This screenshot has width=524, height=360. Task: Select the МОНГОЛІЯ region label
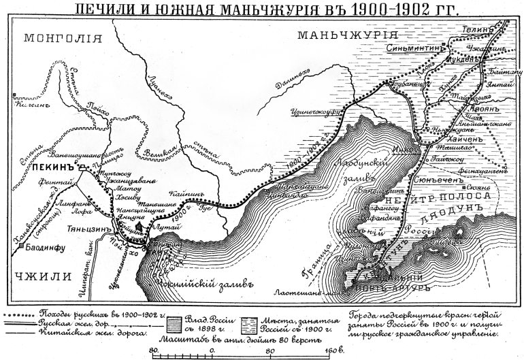(x=57, y=38)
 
